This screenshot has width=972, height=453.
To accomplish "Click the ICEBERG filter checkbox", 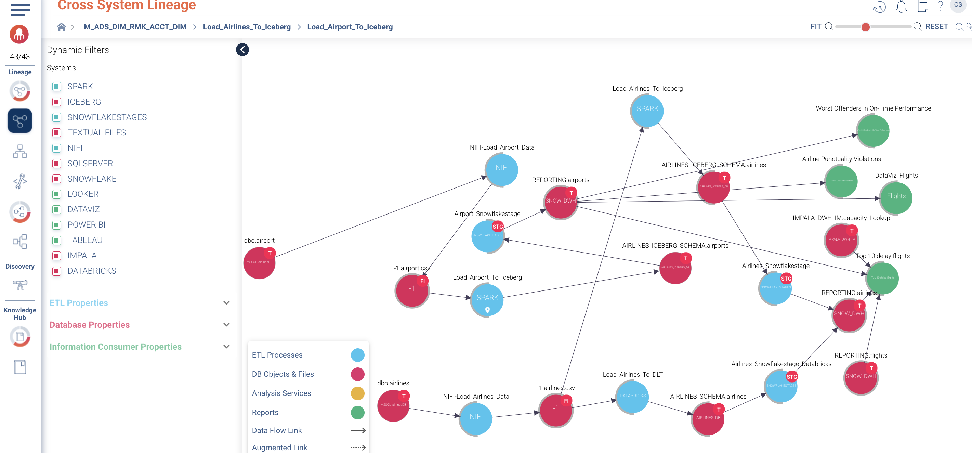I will (x=56, y=102).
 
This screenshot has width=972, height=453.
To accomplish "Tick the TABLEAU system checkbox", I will (x=56, y=240).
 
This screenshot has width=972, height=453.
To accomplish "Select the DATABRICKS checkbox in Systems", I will (x=56, y=271).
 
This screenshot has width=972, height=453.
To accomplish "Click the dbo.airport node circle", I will (x=259, y=263).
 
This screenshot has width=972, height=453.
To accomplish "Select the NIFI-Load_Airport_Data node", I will (x=501, y=169).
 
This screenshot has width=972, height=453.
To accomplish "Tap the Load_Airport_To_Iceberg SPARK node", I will (x=487, y=300).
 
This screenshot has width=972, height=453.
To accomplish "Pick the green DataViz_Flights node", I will (x=896, y=198).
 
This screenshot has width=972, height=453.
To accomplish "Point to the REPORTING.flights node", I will (x=861, y=377).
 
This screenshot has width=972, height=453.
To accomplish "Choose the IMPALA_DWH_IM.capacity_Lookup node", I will (x=841, y=240).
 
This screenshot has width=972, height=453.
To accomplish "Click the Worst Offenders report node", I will (x=873, y=131).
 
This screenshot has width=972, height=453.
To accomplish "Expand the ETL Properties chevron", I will (x=226, y=303).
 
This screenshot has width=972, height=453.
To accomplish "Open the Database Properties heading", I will (x=89, y=325).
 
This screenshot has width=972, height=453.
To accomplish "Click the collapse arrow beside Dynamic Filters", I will (x=242, y=50).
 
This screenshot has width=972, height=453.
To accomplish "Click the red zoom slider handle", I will (x=866, y=27).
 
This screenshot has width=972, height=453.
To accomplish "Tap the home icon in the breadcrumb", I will (x=61, y=27).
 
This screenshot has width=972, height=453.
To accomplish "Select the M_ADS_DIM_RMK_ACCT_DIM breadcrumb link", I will (x=135, y=27).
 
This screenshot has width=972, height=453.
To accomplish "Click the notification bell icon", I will (x=901, y=7).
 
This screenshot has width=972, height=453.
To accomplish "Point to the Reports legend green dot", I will (x=357, y=412).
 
